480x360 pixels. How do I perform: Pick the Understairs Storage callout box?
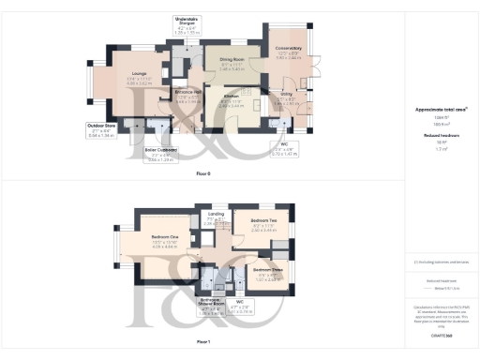pyautogui.click(x=188, y=25)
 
